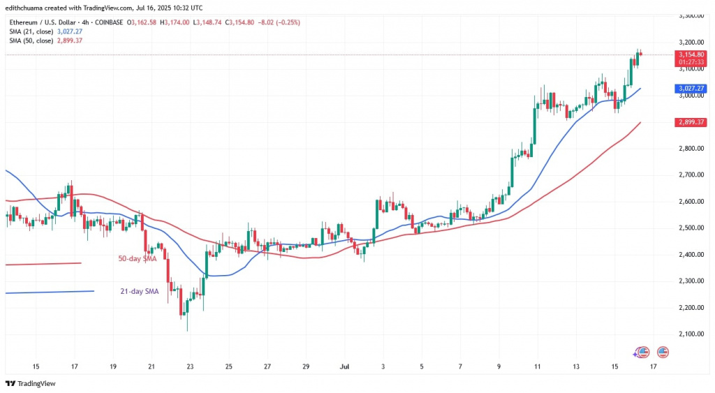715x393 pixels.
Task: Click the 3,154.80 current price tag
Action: point(691,54)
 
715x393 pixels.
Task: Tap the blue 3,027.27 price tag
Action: point(691,89)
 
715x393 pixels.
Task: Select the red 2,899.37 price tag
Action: point(691,122)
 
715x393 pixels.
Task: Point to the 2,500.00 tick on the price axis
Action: point(691,228)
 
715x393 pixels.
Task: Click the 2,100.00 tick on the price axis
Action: point(691,334)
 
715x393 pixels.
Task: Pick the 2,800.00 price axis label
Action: point(691,149)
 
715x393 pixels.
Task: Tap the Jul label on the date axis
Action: point(344,365)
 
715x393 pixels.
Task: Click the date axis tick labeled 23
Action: point(190,365)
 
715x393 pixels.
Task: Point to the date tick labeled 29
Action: point(306,365)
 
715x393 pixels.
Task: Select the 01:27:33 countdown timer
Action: point(691,61)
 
